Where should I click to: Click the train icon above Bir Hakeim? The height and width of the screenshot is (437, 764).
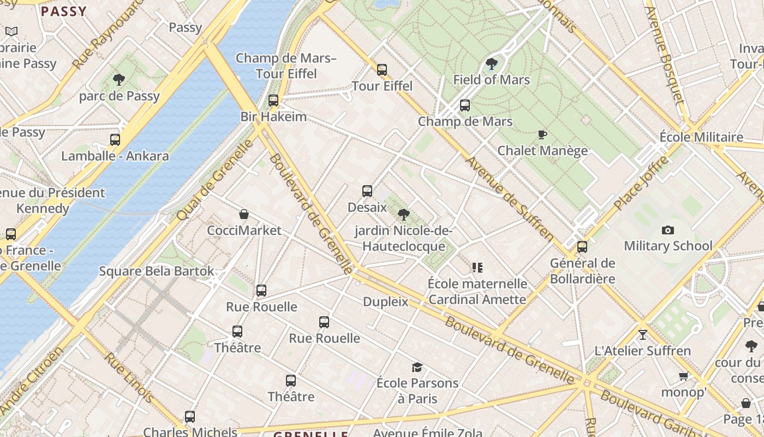click(273, 101)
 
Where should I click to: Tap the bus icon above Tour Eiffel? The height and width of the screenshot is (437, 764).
click(382, 70)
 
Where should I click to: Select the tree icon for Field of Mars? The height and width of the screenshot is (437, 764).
click(491, 64)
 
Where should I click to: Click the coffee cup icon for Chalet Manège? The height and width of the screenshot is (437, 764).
click(542, 134)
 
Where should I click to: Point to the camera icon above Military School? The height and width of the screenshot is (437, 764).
click(667, 231)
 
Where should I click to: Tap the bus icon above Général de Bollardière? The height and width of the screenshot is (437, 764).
click(582, 247)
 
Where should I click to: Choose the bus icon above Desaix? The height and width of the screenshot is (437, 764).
click(367, 191)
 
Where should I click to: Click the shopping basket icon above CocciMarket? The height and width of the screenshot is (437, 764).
click(244, 214)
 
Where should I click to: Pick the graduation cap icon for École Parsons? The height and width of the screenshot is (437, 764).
click(417, 367)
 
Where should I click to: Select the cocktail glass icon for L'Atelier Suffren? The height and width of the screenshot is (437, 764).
click(643, 334)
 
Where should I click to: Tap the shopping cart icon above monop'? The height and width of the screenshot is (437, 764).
click(683, 376)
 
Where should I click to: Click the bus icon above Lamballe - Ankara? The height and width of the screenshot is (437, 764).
click(115, 140)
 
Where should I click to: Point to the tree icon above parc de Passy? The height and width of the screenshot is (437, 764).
click(119, 80)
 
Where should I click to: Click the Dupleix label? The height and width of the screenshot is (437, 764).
click(385, 302)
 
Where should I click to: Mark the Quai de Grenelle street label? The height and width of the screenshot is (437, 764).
click(215, 180)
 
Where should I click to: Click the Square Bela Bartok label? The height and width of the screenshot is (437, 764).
click(157, 271)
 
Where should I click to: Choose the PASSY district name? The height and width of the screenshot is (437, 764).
click(64, 11)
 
